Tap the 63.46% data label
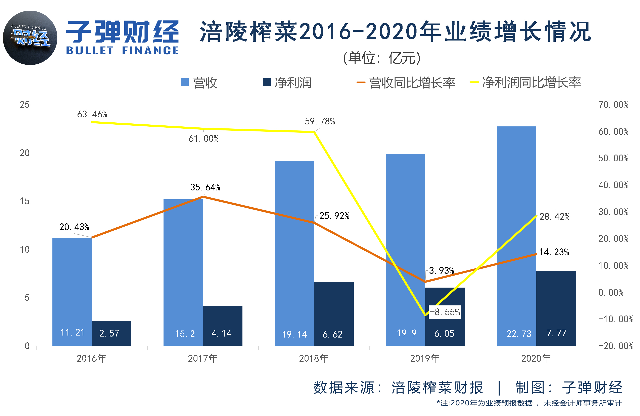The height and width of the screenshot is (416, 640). pos(92,114)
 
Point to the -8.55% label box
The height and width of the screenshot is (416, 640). pos(445,312)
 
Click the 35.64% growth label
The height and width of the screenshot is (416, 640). pos(205,187)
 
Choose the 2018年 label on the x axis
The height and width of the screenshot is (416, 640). pos(314,358)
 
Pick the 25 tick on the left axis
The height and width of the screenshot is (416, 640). pos(25,105)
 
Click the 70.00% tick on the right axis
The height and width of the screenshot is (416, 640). pos(613,105)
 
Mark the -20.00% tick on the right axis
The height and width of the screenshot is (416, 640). pos(615,346)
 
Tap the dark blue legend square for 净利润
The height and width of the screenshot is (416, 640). pos(267,82)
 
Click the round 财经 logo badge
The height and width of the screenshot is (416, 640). pos(30,38)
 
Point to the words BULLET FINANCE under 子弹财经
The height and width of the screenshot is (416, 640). pos(122,51)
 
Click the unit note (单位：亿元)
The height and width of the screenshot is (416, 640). pos(382,58)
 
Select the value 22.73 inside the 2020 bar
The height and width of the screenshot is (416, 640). pos(518,334)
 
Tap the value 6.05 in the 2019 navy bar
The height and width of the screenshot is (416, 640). pos(444,334)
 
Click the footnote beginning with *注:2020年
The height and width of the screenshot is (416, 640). pos(529,403)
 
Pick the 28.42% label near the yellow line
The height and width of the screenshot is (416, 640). pos(554,217)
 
